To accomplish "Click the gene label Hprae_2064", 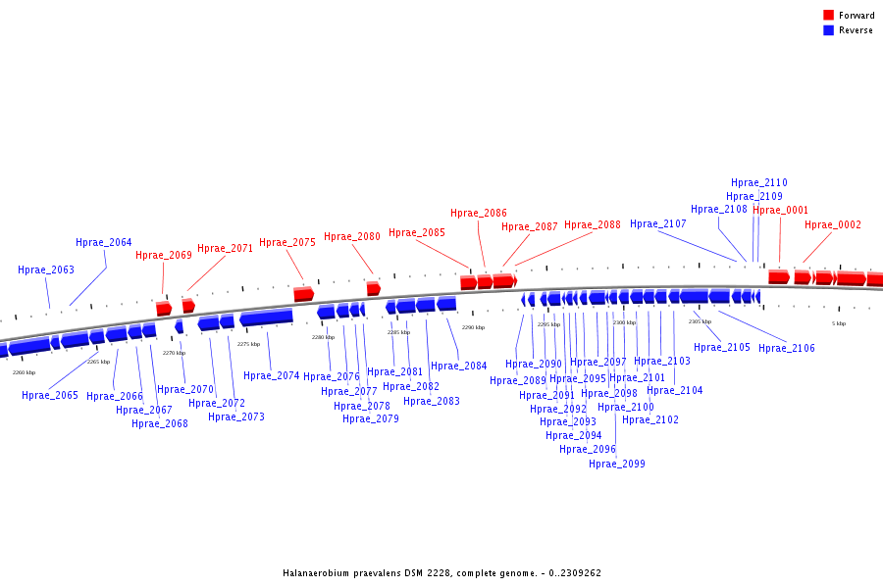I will click(x=104, y=243).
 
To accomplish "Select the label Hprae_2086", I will click(x=479, y=214).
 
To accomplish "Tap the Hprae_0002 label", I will click(x=833, y=225).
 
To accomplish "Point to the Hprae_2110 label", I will click(x=759, y=183).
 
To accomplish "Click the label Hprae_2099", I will click(x=617, y=465).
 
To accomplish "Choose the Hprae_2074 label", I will click(x=272, y=376).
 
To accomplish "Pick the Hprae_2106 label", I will click(x=787, y=349).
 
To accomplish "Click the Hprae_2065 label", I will click(x=50, y=396).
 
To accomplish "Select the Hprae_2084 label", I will click(x=459, y=367).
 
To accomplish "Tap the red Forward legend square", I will click(x=829, y=16).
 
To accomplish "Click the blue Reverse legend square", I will click(x=829, y=30).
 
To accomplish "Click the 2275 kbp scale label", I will click(x=249, y=344).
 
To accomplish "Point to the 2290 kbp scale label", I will click(x=473, y=327).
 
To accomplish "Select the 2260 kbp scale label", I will click(x=24, y=372).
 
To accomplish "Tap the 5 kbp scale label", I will click(x=839, y=323).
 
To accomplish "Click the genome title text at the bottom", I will click(x=441, y=573).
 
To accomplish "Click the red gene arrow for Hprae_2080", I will click(x=373, y=288).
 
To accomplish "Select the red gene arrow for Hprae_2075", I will click(x=303, y=294).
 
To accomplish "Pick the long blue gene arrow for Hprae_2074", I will click(x=266, y=318).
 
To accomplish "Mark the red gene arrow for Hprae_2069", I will click(x=164, y=309).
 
